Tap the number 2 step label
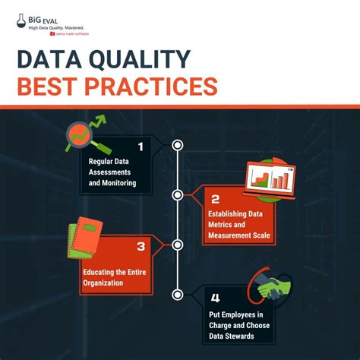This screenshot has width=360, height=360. pyautogui.click(x=215, y=200)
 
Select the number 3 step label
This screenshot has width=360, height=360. pyautogui.click(x=141, y=246)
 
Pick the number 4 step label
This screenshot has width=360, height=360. pyautogui.click(x=215, y=297)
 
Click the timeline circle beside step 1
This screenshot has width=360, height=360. pyautogui.click(x=178, y=144)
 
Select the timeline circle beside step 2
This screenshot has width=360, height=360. pyautogui.click(x=178, y=194)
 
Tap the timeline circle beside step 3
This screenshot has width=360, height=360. pyautogui.click(x=178, y=245)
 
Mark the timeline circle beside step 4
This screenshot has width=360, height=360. pyautogui.click(x=178, y=294)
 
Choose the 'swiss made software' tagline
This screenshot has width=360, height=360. pyautogui.click(x=70, y=33)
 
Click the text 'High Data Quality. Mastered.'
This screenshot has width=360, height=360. pyautogui.click(x=60, y=27)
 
